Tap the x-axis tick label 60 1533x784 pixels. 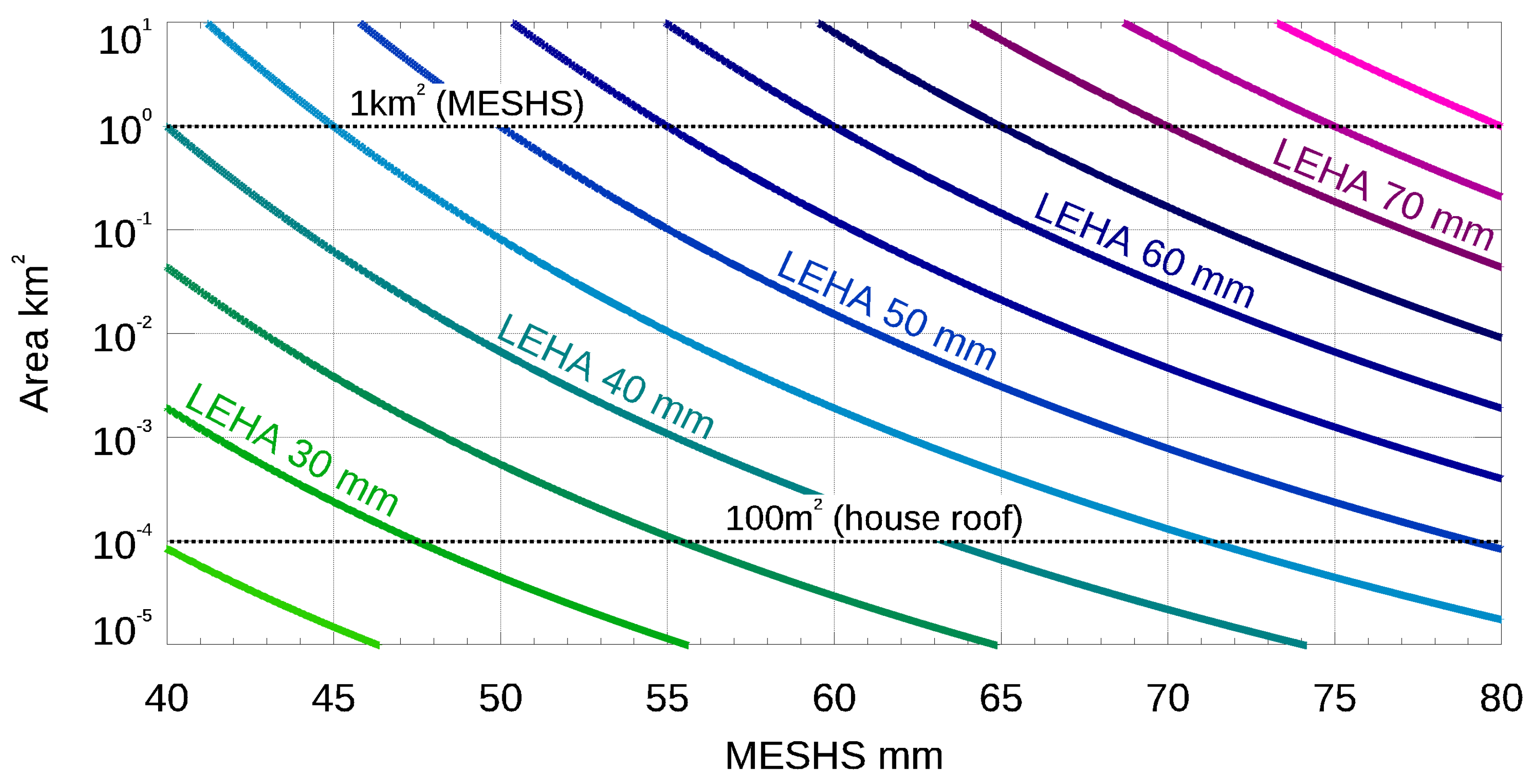pos(834,699)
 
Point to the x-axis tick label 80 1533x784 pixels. pos(1501,699)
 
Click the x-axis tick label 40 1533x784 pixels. pos(167,699)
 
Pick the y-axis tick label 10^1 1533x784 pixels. pos(124,39)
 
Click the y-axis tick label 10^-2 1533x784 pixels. pos(122,338)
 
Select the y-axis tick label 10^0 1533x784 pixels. pos(124,129)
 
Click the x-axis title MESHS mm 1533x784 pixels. pos(834,756)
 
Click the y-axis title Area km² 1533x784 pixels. pos(33,333)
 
